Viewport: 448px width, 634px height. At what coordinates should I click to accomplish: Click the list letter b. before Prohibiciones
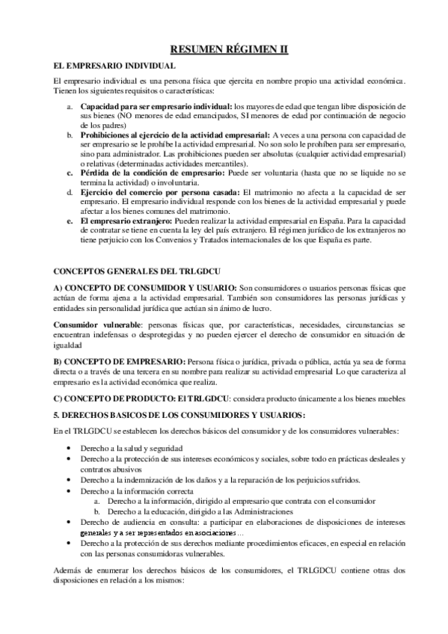(70, 135)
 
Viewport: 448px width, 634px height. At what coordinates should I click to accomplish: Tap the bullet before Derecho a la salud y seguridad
(69, 447)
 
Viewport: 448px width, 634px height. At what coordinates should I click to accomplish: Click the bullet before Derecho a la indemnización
(69, 480)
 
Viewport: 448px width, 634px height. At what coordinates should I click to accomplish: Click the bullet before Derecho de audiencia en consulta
(69, 521)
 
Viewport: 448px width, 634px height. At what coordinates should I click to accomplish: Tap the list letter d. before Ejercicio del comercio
(70, 192)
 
